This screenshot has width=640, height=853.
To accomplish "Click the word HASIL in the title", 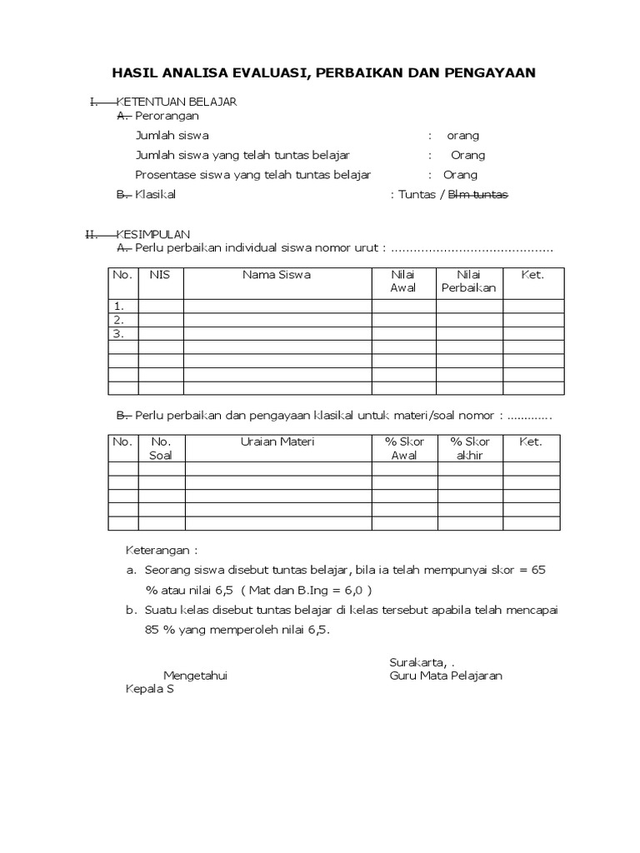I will click(136, 73).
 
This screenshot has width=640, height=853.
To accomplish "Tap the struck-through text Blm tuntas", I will click(478, 195).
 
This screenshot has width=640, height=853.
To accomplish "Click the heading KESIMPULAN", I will click(153, 235).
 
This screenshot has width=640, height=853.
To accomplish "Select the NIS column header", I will click(160, 275).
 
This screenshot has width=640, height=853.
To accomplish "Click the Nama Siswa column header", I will click(277, 275).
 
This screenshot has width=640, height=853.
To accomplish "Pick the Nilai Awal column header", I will click(403, 282).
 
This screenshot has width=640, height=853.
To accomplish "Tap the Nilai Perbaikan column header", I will click(469, 282).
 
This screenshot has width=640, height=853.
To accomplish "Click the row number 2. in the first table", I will click(119, 320).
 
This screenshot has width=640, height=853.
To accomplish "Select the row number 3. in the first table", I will click(119, 333).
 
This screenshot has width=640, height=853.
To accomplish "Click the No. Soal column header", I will click(161, 449).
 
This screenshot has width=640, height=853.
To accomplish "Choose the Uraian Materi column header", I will click(277, 442).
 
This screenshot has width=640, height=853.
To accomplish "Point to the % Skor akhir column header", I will click(469, 449).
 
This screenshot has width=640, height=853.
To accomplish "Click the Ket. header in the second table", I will click(531, 442).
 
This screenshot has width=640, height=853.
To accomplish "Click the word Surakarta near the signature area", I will click(416, 662).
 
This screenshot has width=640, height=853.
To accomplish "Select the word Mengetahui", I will click(195, 676).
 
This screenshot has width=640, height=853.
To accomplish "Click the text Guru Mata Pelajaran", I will click(446, 676).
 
